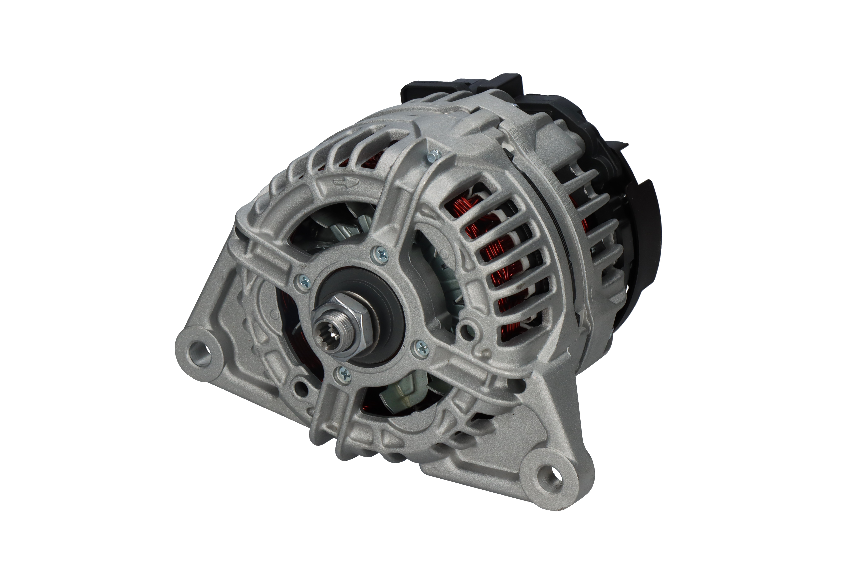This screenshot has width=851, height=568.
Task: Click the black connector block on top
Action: tap(463, 87)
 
